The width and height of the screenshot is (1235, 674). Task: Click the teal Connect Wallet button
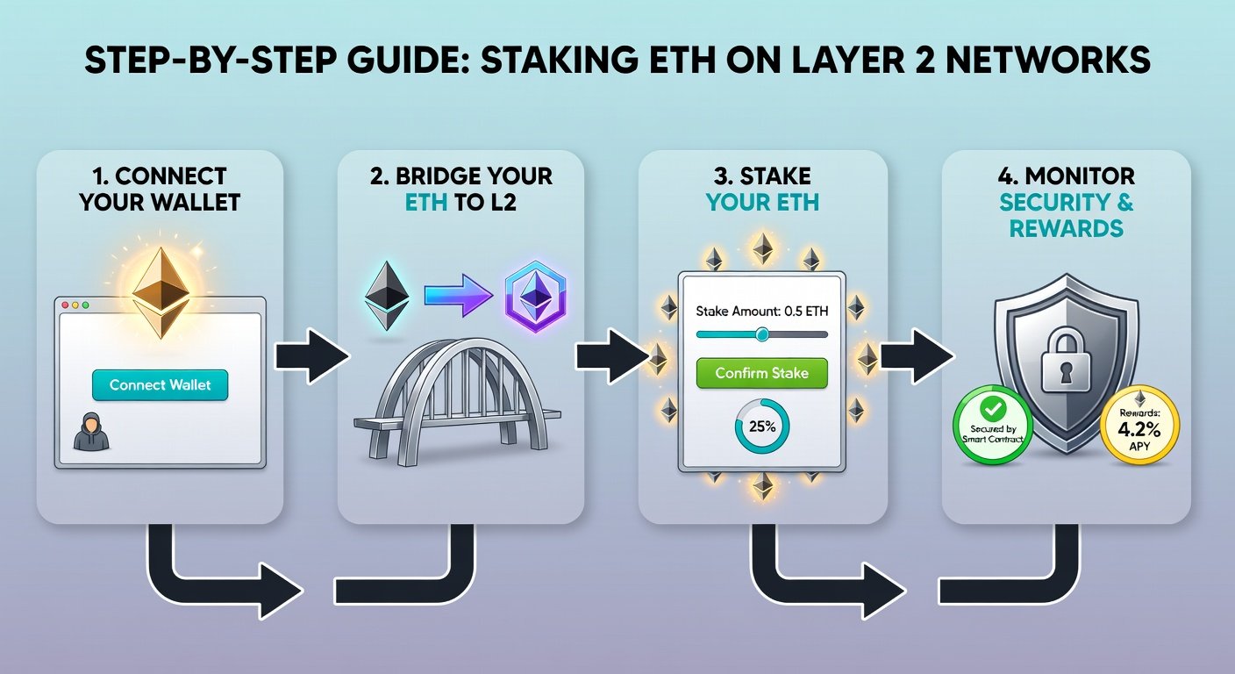(160, 385)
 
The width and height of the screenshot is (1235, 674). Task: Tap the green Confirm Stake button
(761, 373)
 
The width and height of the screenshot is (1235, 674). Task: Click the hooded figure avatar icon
(90, 432)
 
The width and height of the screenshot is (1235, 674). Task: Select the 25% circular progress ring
(762, 427)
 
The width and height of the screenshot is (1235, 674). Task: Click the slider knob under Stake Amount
(761, 334)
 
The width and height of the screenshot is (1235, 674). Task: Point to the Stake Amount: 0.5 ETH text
(761, 311)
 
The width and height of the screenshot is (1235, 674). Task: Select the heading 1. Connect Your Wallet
(160, 189)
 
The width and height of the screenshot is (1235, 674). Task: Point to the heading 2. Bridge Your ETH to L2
(461, 189)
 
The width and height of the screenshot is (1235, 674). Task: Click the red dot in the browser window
(63, 305)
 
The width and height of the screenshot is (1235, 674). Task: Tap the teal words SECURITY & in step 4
(1066, 203)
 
